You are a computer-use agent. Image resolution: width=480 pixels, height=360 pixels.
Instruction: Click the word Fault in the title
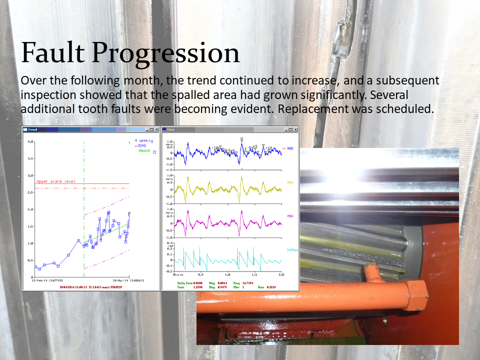tap(52, 53)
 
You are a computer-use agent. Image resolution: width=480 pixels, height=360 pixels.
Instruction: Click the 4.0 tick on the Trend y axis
tap(30, 141)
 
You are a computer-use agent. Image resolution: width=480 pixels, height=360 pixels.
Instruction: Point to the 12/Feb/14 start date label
tap(44, 280)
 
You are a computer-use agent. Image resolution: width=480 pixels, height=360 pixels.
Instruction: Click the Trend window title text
tap(32, 129)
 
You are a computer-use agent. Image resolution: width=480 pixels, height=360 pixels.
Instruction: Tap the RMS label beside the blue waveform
tap(290, 148)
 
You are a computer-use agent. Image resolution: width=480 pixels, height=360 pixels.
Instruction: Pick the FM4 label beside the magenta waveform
tap(290, 216)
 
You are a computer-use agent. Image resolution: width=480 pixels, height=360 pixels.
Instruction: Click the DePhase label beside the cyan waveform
tap(292, 249)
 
